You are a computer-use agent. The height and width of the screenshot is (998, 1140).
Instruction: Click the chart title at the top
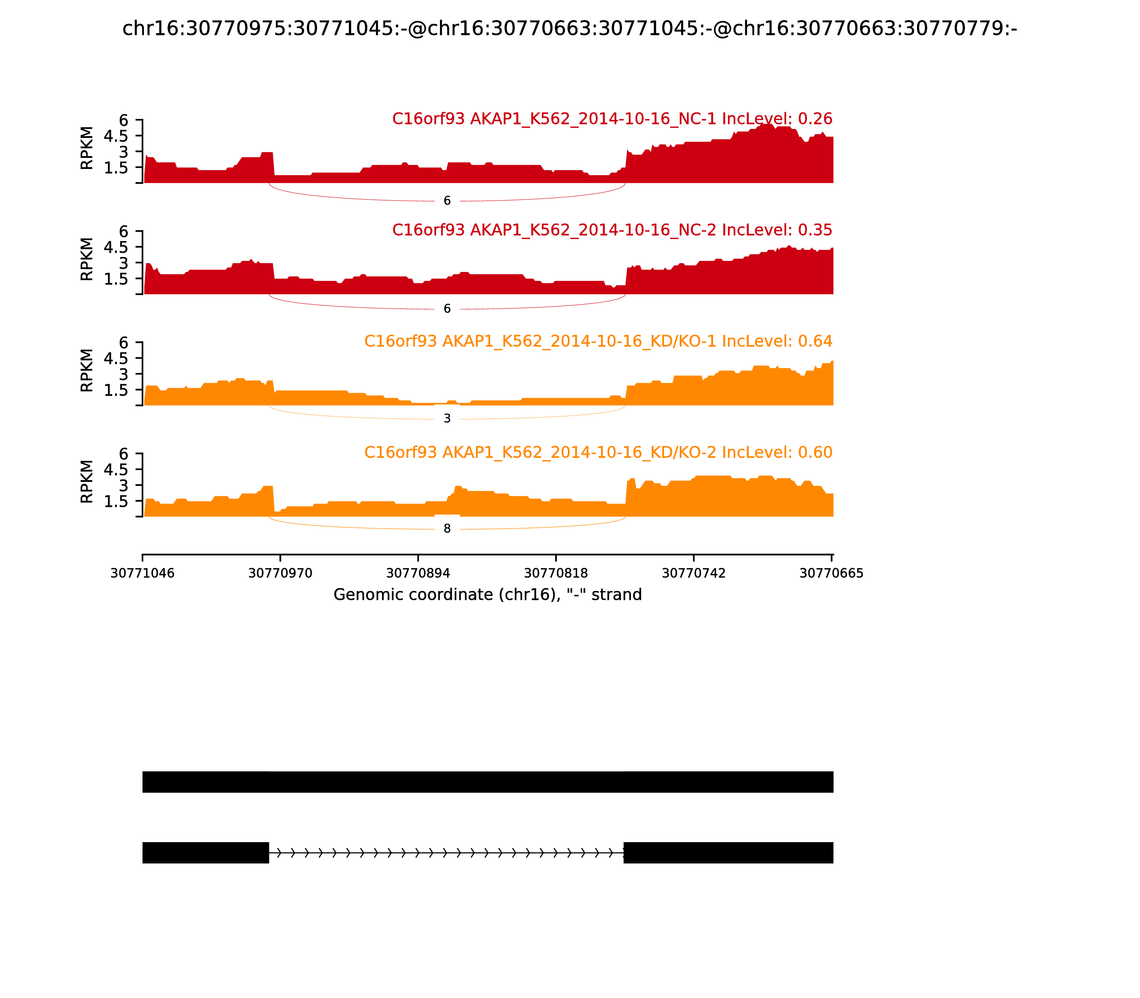point(569,29)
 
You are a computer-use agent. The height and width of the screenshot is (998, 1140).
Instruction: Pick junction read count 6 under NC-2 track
point(447,309)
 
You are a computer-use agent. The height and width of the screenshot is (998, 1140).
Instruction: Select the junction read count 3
point(447,419)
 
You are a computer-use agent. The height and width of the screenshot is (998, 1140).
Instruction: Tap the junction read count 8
point(447,529)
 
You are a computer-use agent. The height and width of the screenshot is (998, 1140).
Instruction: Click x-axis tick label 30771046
point(142,573)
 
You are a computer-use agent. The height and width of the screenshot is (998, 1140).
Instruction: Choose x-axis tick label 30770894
point(418,573)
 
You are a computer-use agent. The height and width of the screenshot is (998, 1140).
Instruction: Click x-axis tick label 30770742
point(694,573)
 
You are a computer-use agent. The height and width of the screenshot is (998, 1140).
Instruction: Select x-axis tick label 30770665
point(831,573)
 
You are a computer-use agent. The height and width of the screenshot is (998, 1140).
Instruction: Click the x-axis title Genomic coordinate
point(488,595)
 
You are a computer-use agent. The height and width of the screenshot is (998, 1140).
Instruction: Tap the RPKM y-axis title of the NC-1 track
point(87,148)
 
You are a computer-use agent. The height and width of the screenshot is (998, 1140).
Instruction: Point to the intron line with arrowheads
point(445,853)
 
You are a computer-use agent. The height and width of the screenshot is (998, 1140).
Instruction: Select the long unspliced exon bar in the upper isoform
point(488,782)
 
